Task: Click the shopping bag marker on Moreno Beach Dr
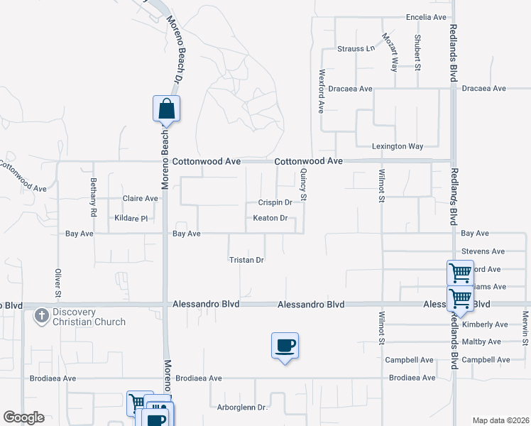(166, 109)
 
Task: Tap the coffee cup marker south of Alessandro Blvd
(285, 346)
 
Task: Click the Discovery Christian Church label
(89, 317)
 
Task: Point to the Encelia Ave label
(426, 17)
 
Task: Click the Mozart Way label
(390, 52)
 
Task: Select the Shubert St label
(419, 53)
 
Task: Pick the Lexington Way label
(398, 146)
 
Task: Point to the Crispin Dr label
(275, 202)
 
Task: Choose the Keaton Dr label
(270, 218)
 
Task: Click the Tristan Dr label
(246, 260)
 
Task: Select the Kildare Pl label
(130, 218)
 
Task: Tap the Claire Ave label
(141, 199)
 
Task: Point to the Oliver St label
(58, 282)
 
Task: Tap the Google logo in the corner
(23, 417)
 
